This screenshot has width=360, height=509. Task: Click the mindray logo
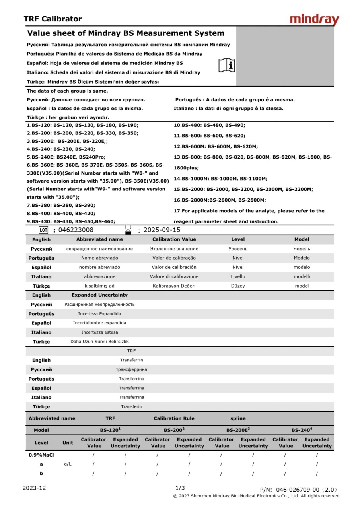click(314, 19)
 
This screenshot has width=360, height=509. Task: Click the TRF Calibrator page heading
click(53, 19)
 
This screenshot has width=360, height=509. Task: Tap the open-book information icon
click(227, 65)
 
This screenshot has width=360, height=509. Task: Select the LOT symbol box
click(43, 230)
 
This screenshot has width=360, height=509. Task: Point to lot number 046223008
click(76, 230)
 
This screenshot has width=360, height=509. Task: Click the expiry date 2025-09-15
click(162, 230)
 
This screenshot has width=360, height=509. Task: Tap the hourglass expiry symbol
click(128, 230)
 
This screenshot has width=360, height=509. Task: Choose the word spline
click(238, 418)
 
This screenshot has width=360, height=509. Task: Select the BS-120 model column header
click(110, 430)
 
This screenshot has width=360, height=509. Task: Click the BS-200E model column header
click(237, 430)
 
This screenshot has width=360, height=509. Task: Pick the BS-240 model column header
click(301, 430)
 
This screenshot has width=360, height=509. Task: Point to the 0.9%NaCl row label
click(41, 455)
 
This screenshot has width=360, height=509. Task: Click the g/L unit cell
click(68, 464)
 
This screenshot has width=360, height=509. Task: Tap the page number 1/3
click(180, 488)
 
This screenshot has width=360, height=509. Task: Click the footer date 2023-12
click(34, 488)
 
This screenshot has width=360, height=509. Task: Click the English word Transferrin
click(131, 360)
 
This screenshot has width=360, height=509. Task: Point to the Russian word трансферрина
click(131, 369)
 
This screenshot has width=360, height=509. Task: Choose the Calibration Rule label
click(174, 418)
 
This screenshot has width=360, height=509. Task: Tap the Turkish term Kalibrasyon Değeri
click(174, 286)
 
